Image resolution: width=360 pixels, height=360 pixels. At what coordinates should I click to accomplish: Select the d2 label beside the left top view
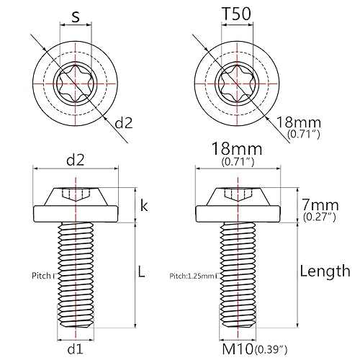tap(125, 123)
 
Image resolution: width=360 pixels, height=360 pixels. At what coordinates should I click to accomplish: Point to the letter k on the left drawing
tap(144, 207)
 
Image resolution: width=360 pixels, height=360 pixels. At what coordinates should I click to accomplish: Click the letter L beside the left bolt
tap(142, 272)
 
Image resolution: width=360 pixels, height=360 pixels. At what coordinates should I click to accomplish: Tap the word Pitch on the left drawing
tap(42, 275)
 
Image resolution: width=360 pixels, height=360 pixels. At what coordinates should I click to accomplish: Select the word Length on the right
tap(325, 271)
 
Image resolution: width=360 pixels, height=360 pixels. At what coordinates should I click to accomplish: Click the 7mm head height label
tap(318, 203)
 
